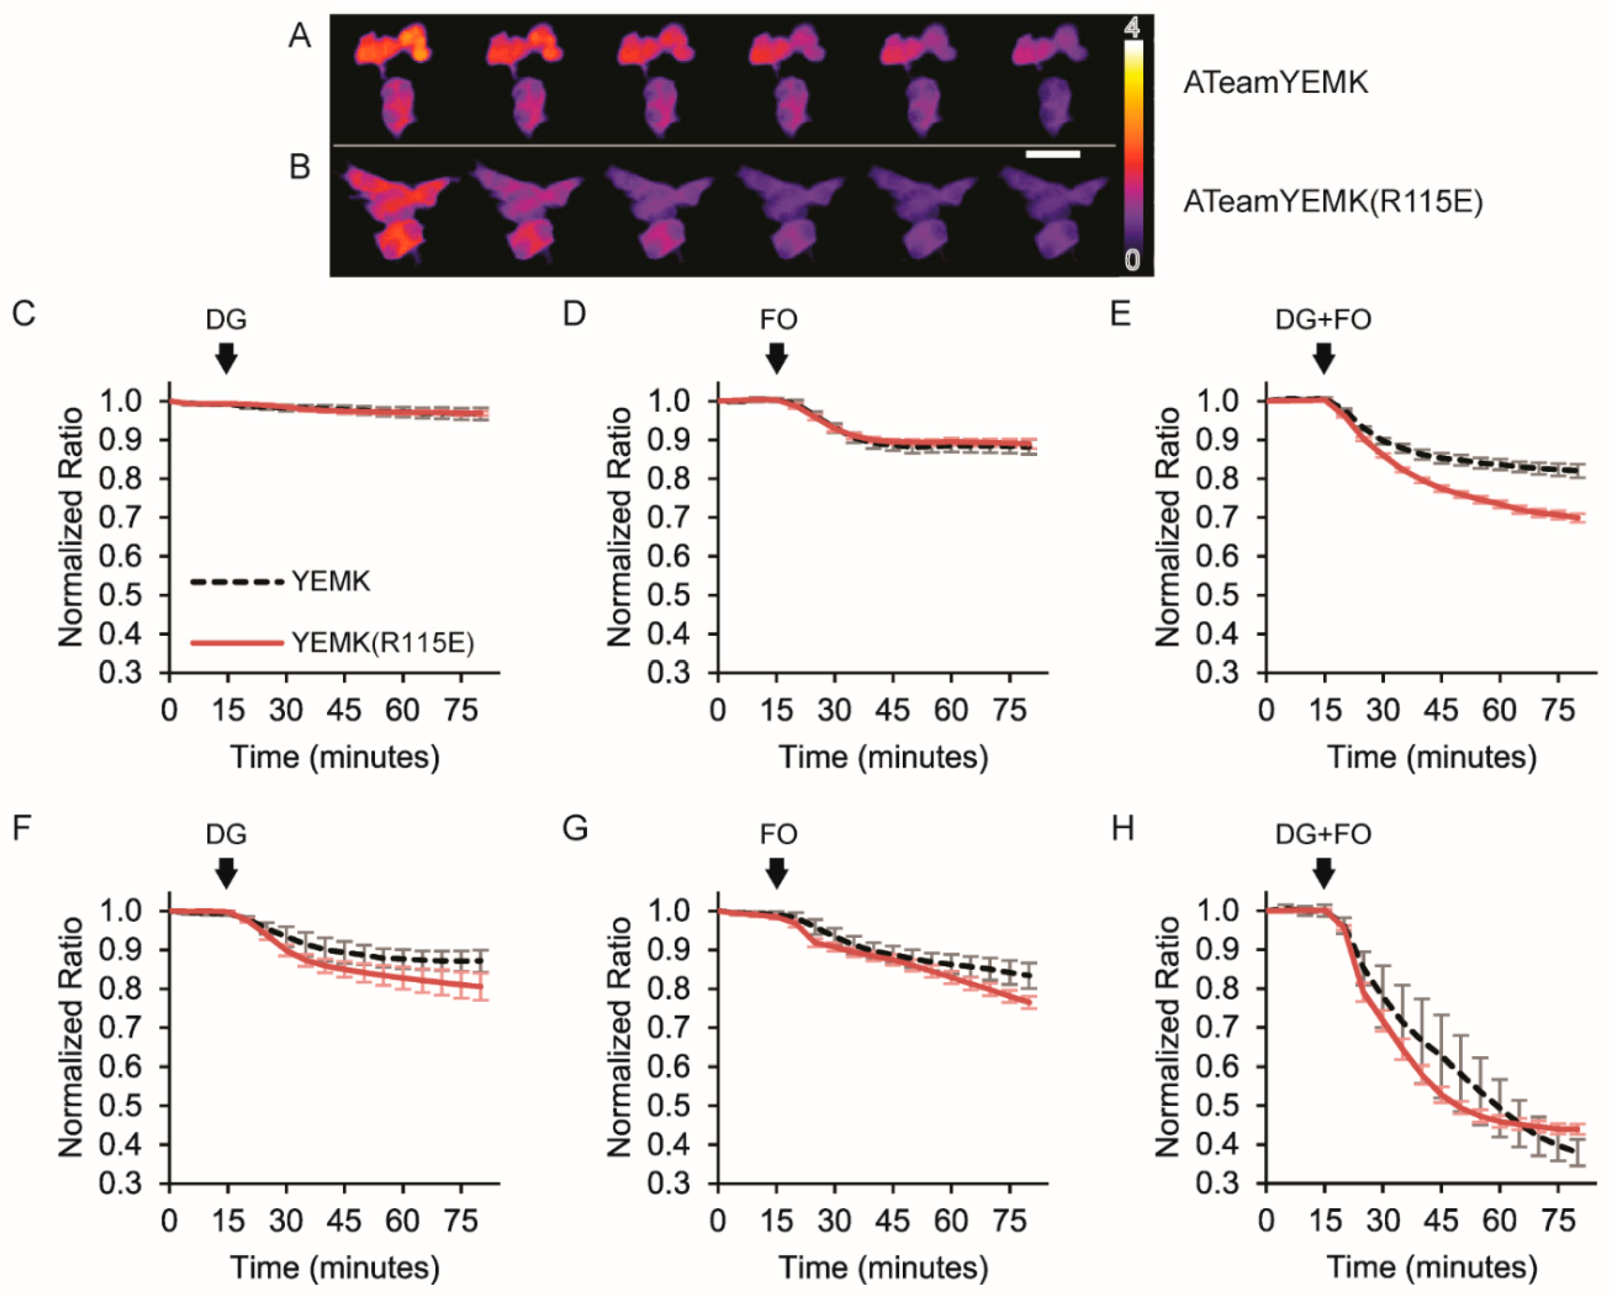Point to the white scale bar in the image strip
coord(1053,155)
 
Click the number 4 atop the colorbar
coord(1133,28)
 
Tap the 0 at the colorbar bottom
coord(1133,260)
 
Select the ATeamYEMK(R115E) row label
coord(1332,202)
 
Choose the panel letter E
coord(1120,314)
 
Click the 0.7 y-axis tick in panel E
coord(1217,517)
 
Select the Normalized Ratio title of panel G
coord(619,1038)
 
